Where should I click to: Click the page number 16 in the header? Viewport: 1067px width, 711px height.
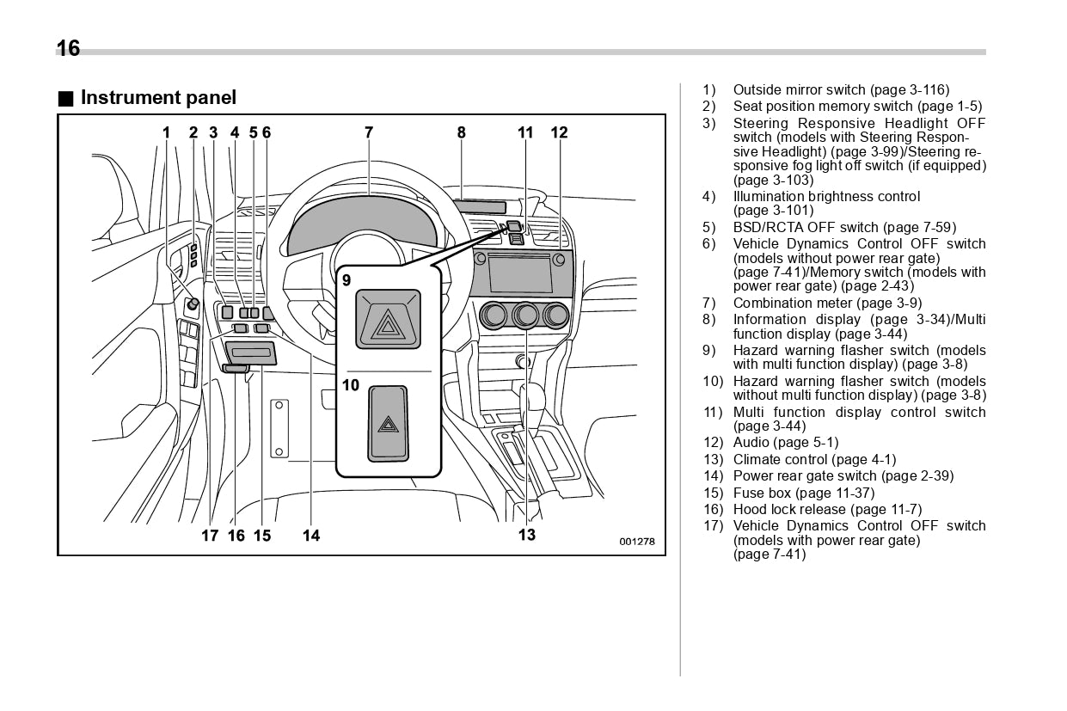pyautogui.click(x=68, y=48)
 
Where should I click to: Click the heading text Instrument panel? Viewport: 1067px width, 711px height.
pyautogui.click(x=157, y=98)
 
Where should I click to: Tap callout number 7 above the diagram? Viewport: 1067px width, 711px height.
pyautogui.click(x=369, y=132)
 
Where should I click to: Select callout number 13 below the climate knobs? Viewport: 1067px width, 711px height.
pyautogui.click(x=526, y=535)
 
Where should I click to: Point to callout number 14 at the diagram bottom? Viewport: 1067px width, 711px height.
pyautogui.click(x=311, y=536)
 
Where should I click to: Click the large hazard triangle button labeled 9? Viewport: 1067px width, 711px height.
pyautogui.click(x=389, y=319)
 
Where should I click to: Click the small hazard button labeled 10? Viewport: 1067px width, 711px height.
pyautogui.click(x=389, y=423)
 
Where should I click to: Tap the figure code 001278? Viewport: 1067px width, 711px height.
pyautogui.click(x=637, y=542)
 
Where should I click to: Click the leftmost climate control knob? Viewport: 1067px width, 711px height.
pyautogui.click(x=494, y=316)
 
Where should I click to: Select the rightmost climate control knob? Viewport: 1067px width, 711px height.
pyautogui.click(x=557, y=316)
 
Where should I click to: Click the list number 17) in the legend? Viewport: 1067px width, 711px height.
pyautogui.click(x=713, y=526)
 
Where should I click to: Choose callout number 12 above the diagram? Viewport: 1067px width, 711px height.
pyautogui.click(x=559, y=132)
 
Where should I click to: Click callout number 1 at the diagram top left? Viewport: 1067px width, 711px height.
pyautogui.click(x=167, y=132)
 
